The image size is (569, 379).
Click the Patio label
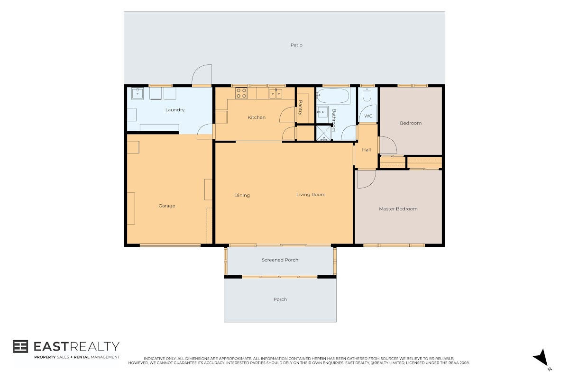pyautogui.click(x=296, y=45)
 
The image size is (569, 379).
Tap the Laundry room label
pyautogui.click(x=175, y=110)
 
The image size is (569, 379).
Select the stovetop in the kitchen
pyautogui.click(x=241, y=93)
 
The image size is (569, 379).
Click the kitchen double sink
pyautogui.click(x=275, y=93)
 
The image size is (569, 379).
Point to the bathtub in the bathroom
pyautogui.click(x=333, y=96)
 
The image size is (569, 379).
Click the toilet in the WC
pyautogui.click(x=367, y=94)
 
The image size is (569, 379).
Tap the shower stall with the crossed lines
pyautogui.click(x=323, y=133)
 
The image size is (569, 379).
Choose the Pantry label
pyautogui.click(x=300, y=108)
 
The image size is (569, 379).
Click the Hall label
pyautogui.click(x=366, y=150)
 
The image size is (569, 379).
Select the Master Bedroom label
pyautogui.click(x=398, y=209)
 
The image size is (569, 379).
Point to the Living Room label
pyautogui.click(x=311, y=195)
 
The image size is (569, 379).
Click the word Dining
pyautogui.click(x=242, y=195)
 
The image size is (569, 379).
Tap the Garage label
pyautogui.click(x=166, y=206)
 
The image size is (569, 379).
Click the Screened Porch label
pyautogui.click(x=280, y=260)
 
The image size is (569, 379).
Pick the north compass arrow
pyautogui.click(x=542, y=358)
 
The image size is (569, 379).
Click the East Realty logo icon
pyautogui.click(x=20, y=346)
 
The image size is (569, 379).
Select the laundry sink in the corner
pyautogui.click(x=137, y=93)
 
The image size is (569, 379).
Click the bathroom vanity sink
pyautogui.click(x=322, y=112)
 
